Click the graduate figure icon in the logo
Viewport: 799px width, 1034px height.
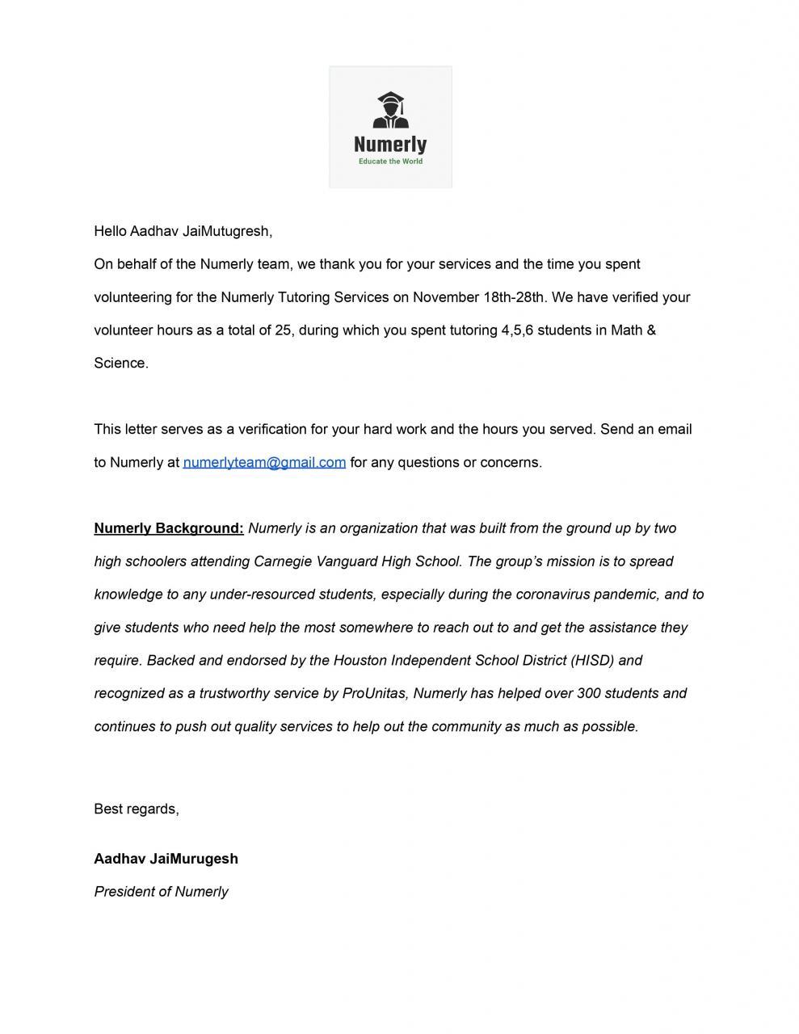pyautogui.click(x=390, y=111)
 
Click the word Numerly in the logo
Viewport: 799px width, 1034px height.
pyautogui.click(x=390, y=145)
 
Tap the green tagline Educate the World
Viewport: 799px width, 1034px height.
pyautogui.click(x=390, y=162)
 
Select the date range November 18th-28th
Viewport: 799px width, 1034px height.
pyautogui.click(x=480, y=297)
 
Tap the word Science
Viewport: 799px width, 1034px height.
pyautogui.click(x=120, y=364)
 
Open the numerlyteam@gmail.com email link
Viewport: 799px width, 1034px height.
pyautogui.click(x=264, y=462)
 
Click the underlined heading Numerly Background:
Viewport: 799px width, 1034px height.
pyautogui.click(x=169, y=528)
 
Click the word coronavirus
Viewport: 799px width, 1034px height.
pyautogui.click(x=553, y=595)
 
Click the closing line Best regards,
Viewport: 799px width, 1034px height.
pyautogui.click(x=137, y=809)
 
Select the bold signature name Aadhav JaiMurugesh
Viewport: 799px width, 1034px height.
pyautogui.click(x=166, y=859)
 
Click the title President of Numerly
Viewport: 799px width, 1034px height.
pyautogui.click(x=161, y=892)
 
